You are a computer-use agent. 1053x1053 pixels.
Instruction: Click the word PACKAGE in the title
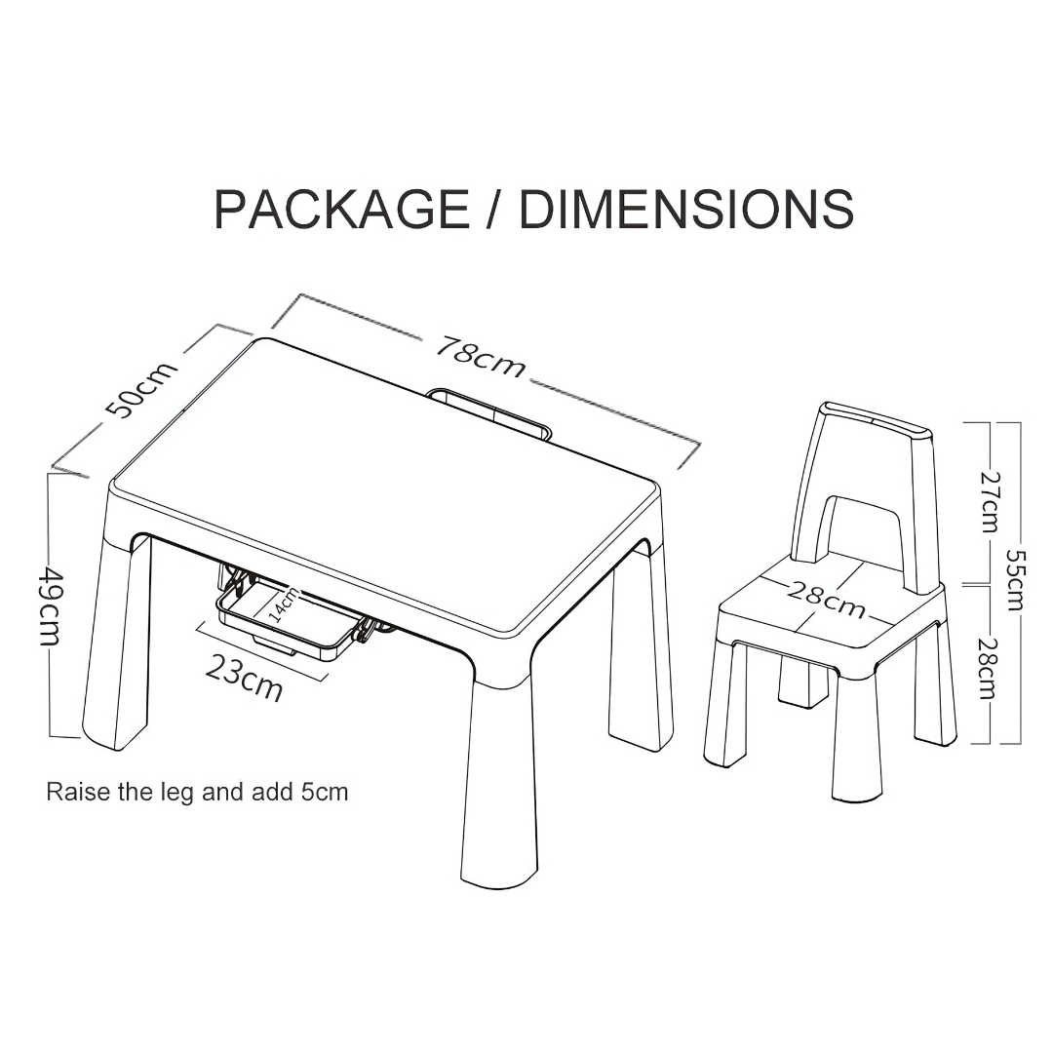click(x=341, y=209)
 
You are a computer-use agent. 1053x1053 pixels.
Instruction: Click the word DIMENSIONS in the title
click(x=686, y=209)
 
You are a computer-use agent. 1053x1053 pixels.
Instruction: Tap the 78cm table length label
click(x=481, y=355)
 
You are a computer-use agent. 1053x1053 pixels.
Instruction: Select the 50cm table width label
click(x=142, y=388)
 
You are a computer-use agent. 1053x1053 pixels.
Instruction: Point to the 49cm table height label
click(x=51, y=605)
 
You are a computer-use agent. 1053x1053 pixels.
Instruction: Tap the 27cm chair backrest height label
click(x=990, y=502)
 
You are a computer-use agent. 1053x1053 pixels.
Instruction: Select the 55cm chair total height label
click(x=1015, y=580)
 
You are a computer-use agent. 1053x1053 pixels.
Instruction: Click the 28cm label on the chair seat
click(x=826, y=598)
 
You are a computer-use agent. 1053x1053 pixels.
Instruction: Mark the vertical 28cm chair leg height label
click(x=987, y=668)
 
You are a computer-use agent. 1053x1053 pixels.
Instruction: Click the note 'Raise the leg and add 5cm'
click(x=197, y=793)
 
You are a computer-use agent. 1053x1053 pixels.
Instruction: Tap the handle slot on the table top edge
click(x=489, y=411)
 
